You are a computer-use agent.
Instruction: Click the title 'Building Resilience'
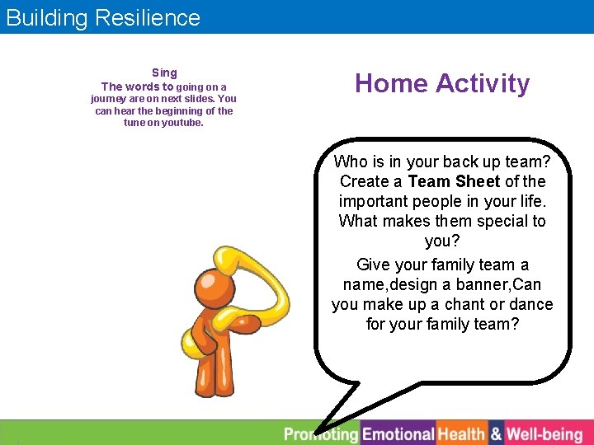click(103, 17)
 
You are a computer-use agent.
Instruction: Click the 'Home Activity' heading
click(442, 83)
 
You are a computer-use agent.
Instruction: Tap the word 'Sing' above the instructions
click(164, 73)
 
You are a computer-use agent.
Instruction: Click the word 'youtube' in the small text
click(182, 123)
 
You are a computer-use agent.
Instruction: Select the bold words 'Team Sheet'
click(454, 181)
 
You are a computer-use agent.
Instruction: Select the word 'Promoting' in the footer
click(321, 433)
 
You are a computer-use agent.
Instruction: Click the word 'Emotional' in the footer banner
click(398, 433)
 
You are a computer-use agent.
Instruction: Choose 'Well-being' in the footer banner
click(544, 433)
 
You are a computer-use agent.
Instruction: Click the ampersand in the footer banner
click(496, 433)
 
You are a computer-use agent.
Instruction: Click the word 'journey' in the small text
click(107, 99)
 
